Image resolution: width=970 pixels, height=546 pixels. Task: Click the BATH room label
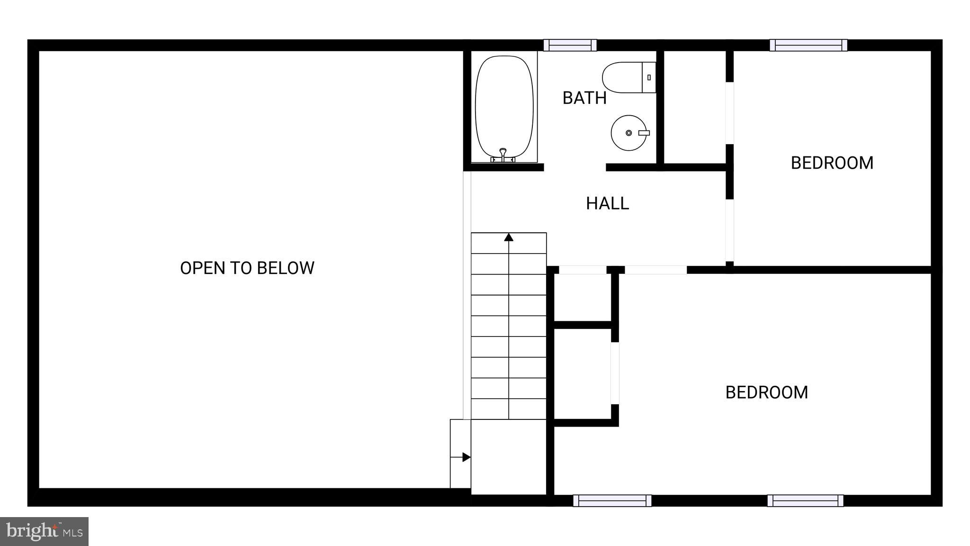pyautogui.click(x=584, y=98)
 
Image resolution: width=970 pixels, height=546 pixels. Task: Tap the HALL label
pyautogui.click(x=607, y=203)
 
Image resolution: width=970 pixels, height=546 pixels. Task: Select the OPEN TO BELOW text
pyautogui.click(x=247, y=268)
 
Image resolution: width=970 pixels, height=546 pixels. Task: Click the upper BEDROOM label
pyautogui.click(x=832, y=163)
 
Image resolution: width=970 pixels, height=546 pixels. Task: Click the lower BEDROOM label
pyautogui.click(x=766, y=392)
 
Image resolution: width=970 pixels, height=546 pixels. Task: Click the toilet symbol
pyautogui.click(x=628, y=77)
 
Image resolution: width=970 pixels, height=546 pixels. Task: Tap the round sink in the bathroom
pyautogui.click(x=629, y=133)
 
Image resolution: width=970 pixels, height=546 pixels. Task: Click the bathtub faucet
pyautogui.click(x=503, y=154)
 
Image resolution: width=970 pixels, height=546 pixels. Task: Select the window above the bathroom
pyautogui.click(x=570, y=45)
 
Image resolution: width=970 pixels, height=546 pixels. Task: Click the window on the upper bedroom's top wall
pyautogui.click(x=808, y=45)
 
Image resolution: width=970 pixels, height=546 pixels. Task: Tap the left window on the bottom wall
pyautogui.click(x=612, y=500)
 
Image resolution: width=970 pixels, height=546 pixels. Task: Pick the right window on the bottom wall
pyautogui.click(x=805, y=500)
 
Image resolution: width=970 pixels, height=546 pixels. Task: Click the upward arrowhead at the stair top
pyautogui.click(x=509, y=237)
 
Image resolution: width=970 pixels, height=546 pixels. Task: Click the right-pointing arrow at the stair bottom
pyautogui.click(x=466, y=457)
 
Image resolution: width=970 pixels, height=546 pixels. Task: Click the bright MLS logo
pyautogui.click(x=44, y=531)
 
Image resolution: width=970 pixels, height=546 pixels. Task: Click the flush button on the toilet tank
pyautogui.click(x=649, y=77)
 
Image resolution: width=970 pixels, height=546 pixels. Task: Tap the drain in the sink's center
pyautogui.click(x=629, y=133)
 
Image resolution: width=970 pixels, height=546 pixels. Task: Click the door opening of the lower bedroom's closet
pyautogui.click(x=615, y=373)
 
